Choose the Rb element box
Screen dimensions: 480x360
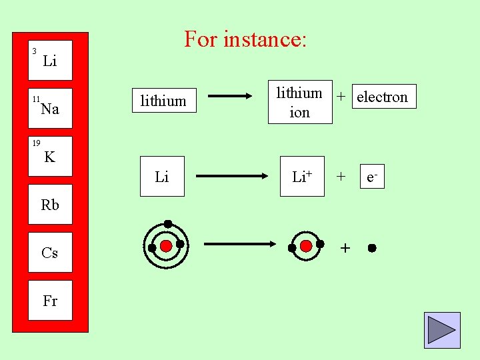pos(50,205)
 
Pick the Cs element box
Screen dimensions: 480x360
pos(50,253)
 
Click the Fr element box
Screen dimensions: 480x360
pos(50,301)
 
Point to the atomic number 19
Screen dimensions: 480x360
pos(35,143)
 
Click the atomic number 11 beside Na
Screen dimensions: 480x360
pos(35,99)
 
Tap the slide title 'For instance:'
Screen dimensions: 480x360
pos(245,39)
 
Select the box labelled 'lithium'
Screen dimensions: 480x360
pos(163,101)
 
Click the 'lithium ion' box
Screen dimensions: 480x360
pos(299,103)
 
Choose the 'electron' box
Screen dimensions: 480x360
pos(382,97)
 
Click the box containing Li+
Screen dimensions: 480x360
pos(299,177)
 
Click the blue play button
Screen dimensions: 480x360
pos(441,330)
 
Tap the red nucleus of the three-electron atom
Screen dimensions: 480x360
pos(166,246)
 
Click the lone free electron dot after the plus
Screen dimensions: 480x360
pos(371,248)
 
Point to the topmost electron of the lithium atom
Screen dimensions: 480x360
pos(168,223)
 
